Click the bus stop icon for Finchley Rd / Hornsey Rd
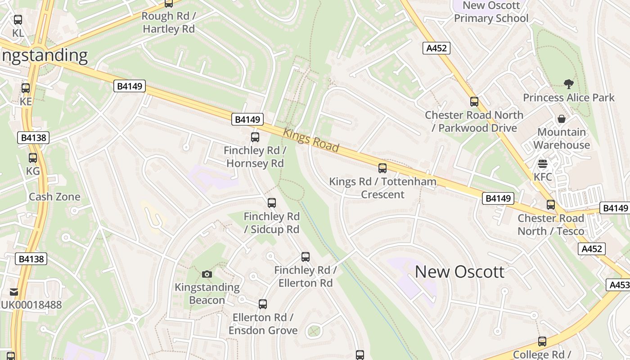(255, 137)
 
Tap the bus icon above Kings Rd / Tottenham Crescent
(382, 168)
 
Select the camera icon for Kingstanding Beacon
(207, 274)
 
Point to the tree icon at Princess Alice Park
(569, 84)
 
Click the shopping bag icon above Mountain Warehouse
(562, 119)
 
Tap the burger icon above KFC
(543, 164)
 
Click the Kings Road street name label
(311, 140)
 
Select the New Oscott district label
(459, 272)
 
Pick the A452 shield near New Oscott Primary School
(436, 48)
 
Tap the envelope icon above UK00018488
(14, 292)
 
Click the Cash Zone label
(54, 197)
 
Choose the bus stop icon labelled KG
(33, 158)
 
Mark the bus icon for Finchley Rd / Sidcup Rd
(272, 203)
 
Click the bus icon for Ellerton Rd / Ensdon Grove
(263, 304)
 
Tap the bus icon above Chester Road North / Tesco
(551, 205)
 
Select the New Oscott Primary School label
(491, 12)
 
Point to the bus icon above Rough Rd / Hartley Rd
(169, 4)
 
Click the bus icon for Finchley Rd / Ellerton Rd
(306, 257)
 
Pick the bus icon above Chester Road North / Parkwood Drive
(474, 102)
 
